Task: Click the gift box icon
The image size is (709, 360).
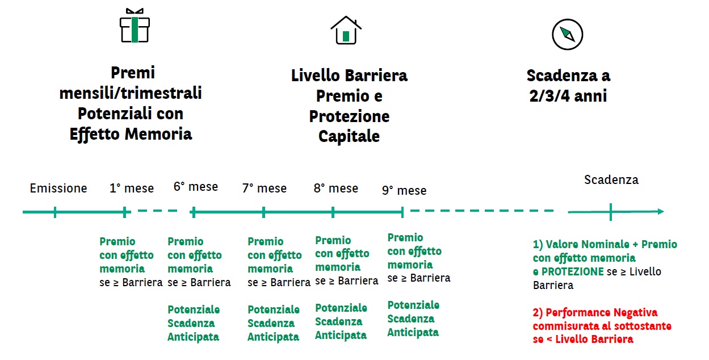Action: (135, 26)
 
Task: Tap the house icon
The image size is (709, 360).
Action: (346, 30)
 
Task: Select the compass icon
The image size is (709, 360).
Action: (568, 34)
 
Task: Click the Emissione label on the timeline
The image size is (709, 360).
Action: (58, 189)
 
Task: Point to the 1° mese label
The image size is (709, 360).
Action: (132, 189)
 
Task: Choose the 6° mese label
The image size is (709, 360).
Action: (196, 187)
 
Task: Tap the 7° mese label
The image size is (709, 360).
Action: (265, 189)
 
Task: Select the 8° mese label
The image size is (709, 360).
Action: (336, 189)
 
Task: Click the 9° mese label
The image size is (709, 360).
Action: (404, 191)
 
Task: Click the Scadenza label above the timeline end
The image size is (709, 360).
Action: (611, 180)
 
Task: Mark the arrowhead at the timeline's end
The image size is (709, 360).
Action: (661, 211)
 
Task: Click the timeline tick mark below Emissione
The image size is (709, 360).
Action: (55, 212)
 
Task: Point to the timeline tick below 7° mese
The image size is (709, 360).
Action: (263, 212)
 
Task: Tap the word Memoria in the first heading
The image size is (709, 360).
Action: (158, 134)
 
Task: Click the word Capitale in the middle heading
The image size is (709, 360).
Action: (349, 136)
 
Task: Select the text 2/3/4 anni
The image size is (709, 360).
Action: (568, 96)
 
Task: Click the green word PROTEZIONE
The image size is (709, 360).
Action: (573, 271)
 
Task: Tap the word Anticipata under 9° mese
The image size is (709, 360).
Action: (413, 332)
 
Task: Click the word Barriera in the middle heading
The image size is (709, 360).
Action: (376, 76)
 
